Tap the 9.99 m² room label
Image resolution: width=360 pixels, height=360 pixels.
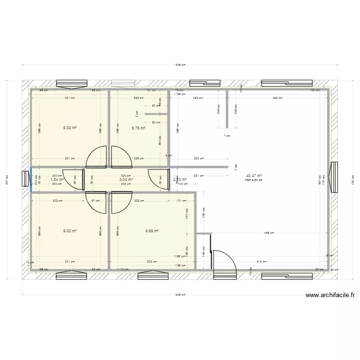tap(151, 231)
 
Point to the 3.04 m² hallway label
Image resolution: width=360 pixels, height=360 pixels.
tap(126, 180)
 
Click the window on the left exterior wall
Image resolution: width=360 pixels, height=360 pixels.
tap(25, 178)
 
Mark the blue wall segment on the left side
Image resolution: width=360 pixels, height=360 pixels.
tap(31, 179)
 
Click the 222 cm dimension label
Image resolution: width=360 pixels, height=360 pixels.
tap(197, 98)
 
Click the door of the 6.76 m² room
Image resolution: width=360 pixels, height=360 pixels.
tap(121, 157)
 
